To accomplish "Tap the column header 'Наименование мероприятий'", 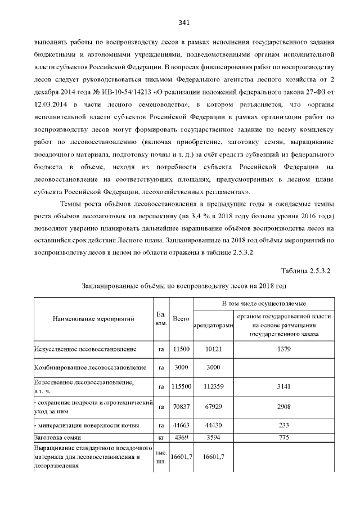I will click(x=93, y=319).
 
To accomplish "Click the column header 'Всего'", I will click(x=181, y=319).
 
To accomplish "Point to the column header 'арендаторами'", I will click(x=213, y=326).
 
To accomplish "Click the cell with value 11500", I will click(x=181, y=349).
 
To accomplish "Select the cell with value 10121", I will click(x=213, y=349).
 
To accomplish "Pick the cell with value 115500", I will click(x=181, y=386).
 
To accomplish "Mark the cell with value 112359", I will click(x=213, y=386).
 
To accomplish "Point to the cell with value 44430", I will click(x=213, y=425).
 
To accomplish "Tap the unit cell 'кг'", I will click(x=160, y=437).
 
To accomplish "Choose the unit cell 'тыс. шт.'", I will click(x=160, y=456).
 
